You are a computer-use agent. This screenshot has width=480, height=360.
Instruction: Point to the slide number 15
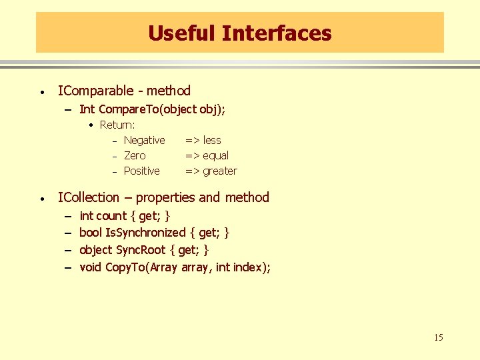click(438, 337)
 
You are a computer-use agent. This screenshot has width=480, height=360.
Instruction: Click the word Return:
click(117, 125)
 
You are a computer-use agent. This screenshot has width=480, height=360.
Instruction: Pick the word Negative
click(144, 140)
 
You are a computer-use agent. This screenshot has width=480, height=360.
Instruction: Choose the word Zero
click(135, 155)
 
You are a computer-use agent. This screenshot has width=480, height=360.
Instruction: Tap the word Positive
click(142, 171)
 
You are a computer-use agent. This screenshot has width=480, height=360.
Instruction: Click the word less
click(212, 140)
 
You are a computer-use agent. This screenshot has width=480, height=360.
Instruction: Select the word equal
click(216, 155)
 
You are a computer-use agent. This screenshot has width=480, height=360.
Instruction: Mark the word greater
click(220, 171)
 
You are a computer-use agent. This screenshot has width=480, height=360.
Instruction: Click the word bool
click(91, 233)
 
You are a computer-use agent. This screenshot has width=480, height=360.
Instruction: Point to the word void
click(91, 267)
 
